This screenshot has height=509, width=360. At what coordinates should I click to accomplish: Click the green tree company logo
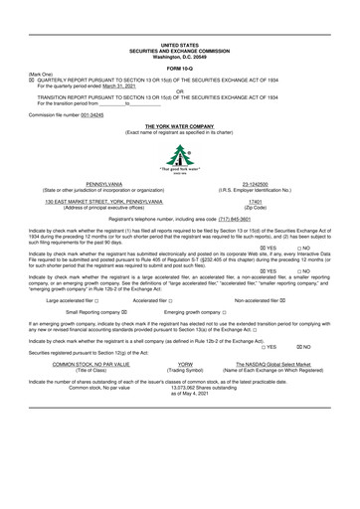[179, 157]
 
